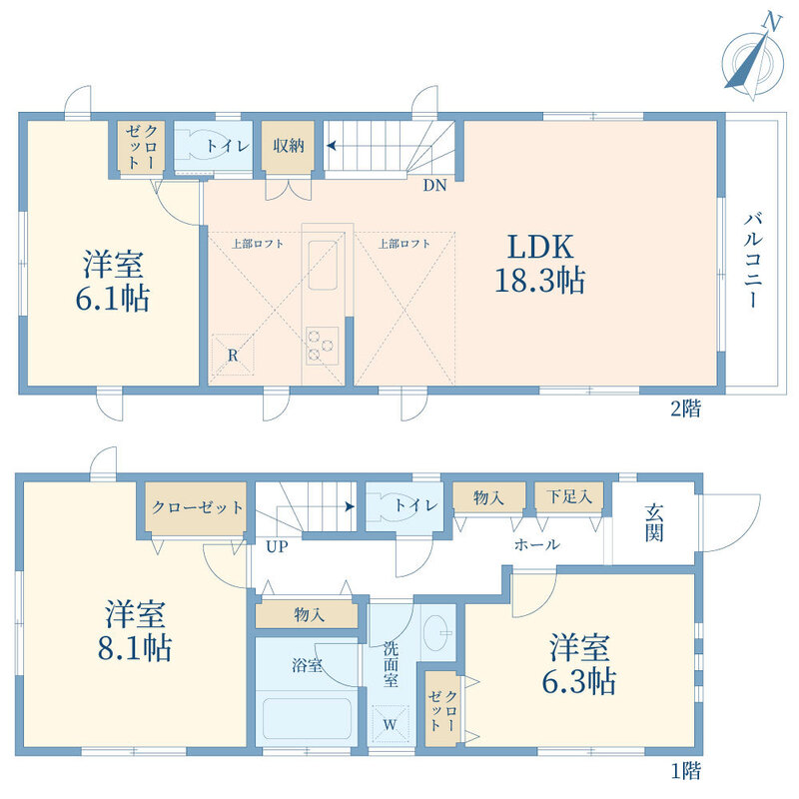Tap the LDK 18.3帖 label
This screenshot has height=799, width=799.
540,264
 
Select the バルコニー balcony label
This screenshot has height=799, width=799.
753,262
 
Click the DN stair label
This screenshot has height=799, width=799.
434,186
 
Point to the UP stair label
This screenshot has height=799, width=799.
277,547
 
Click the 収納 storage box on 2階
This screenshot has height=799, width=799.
288,146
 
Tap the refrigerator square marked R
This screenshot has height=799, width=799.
233,355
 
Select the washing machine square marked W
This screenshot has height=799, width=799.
391,726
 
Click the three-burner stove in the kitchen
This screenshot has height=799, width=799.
322,346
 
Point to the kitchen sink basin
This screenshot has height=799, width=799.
323,266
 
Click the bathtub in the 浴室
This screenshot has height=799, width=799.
307,718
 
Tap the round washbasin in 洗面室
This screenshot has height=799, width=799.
436,633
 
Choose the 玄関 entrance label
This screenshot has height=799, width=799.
654,522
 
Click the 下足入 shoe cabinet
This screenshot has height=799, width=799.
569,495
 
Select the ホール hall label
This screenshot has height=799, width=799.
537,544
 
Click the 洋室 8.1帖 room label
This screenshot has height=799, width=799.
135,631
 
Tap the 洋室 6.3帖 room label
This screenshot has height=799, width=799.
579,664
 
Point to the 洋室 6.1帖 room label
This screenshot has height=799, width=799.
113,282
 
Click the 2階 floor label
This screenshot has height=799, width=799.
685,409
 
